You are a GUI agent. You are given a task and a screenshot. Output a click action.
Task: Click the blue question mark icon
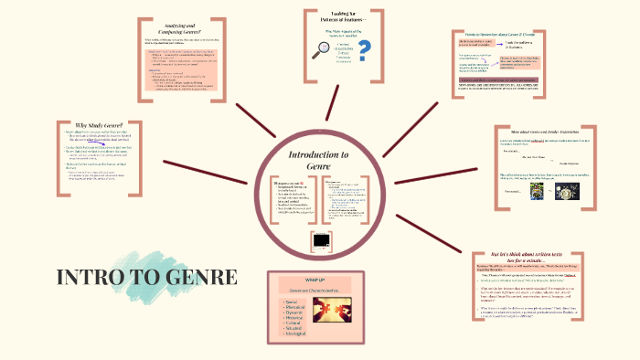[366, 49]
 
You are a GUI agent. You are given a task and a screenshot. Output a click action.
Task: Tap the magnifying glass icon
[321, 52]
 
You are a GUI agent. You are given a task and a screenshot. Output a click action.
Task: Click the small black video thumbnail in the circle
[320, 242]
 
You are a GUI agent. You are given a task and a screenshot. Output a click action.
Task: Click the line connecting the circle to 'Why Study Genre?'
[210, 169]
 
